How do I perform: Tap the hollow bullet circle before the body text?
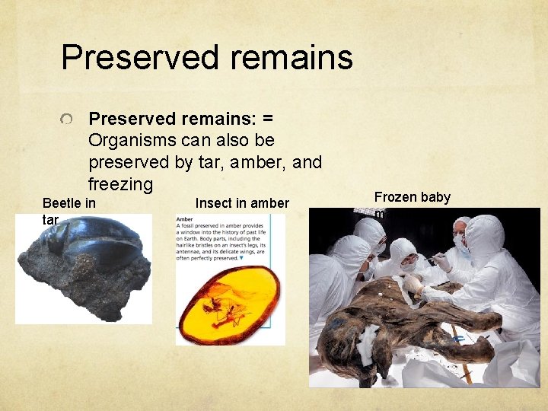68,120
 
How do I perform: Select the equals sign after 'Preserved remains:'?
267,119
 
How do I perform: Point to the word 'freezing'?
120,184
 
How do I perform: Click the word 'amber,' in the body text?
263,162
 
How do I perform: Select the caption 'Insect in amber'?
242,202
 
